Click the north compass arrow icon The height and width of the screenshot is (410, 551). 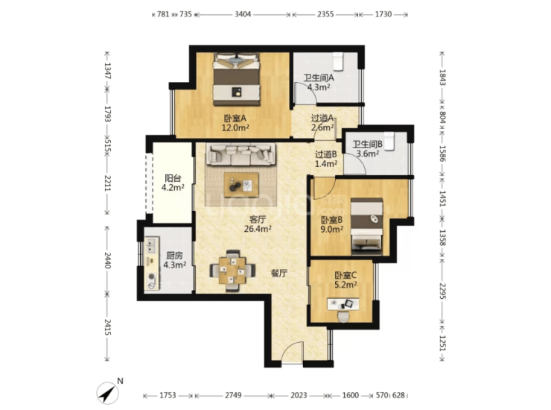pyautogui.click(x=107, y=392)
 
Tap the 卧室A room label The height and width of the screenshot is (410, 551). pyautogui.click(x=235, y=119)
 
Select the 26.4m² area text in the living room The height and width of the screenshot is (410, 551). pyautogui.click(x=258, y=229)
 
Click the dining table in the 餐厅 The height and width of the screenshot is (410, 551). pyautogui.click(x=232, y=271)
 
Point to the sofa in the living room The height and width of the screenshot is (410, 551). pyautogui.click(x=241, y=154)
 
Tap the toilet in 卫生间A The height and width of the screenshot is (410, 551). pyautogui.click(x=338, y=61)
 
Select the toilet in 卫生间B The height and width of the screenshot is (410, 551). pyautogui.click(x=389, y=141)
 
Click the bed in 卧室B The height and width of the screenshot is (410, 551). pyautogui.click(x=366, y=226)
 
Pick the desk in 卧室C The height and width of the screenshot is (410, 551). pyautogui.click(x=343, y=304)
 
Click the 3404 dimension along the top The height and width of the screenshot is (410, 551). pyautogui.click(x=243, y=14)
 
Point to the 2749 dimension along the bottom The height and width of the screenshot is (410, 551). pyautogui.click(x=233, y=395)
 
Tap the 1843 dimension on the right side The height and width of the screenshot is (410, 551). pyautogui.click(x=442, y=77)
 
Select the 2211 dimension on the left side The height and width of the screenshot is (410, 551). pyautogui.click(x=107, y=183)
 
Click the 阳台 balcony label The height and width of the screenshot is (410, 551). pyautogui.click(x=173, y=178)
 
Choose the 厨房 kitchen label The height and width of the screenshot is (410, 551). pyautogui.click(x=174, y=256)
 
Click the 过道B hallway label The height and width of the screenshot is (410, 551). pyautogui.click(x=325, y=154)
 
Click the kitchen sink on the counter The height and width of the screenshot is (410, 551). pyautogui.click(x=152, y=245)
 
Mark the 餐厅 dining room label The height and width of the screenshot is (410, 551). pyautogui.click(x=279, y=273)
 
